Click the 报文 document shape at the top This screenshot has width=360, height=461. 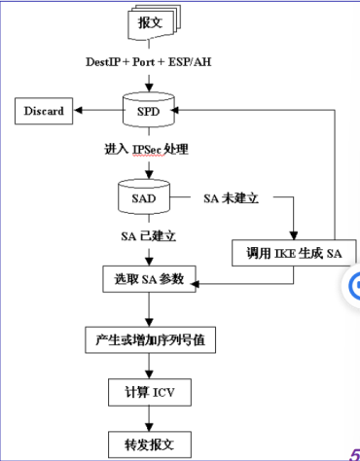point(149,21)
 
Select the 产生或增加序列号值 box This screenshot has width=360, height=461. point(148,341)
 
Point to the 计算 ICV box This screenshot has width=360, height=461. point(148,393)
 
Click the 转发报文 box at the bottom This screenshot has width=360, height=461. point(148,445)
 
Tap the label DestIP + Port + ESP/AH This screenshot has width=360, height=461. point(148,61)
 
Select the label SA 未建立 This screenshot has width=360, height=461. point(230,197)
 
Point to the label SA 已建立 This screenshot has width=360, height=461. point(148,235)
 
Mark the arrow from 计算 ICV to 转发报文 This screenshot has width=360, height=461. point(148,419)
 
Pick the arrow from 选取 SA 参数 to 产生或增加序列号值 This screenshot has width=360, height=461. point(148,311)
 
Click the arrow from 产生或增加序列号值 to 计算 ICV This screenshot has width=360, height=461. point(148,368)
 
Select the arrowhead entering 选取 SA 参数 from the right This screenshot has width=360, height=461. point(198,284)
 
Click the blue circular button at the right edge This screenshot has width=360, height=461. point(355,284)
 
